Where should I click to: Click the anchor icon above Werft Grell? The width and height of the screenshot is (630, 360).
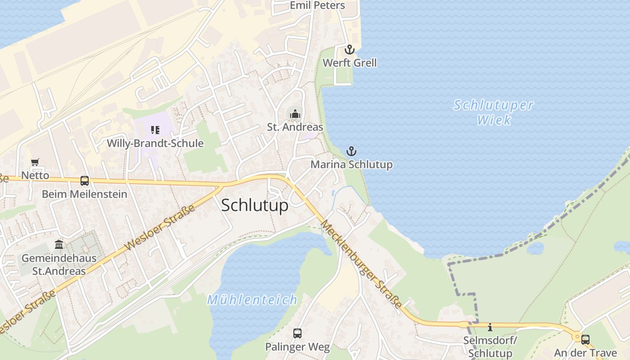tap(350, 49)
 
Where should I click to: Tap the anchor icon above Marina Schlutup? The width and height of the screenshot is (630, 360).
tap(351, 151)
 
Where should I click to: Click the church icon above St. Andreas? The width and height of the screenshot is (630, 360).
tap(295, 114)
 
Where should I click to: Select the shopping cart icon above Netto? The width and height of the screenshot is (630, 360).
tap(35, 162)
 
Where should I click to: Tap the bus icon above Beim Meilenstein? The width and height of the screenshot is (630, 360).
tap(85, 181)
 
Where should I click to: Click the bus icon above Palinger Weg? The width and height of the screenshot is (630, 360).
tap(297, 333)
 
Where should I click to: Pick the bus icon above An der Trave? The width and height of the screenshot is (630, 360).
tap(585, 340)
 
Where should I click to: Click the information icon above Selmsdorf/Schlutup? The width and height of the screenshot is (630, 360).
tap(490, 327)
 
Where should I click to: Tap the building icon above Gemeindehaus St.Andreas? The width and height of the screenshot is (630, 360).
tap(59, 245)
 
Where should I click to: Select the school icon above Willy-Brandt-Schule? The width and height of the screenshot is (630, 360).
tap(155, 130)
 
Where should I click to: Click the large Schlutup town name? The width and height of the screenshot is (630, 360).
tap(255, 205)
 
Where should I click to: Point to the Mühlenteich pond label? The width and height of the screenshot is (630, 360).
tap(252, 300)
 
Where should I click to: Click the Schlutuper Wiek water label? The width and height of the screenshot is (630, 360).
tap(494, 112)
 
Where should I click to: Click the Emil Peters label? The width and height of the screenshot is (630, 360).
tap(317, 5)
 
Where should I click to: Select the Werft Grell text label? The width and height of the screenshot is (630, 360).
tap(350, 63)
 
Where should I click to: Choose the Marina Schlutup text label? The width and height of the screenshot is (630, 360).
tap(351, 165)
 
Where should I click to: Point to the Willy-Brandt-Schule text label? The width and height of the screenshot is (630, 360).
tap(155, 144)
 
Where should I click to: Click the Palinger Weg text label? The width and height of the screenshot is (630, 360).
tap(297, 347)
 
